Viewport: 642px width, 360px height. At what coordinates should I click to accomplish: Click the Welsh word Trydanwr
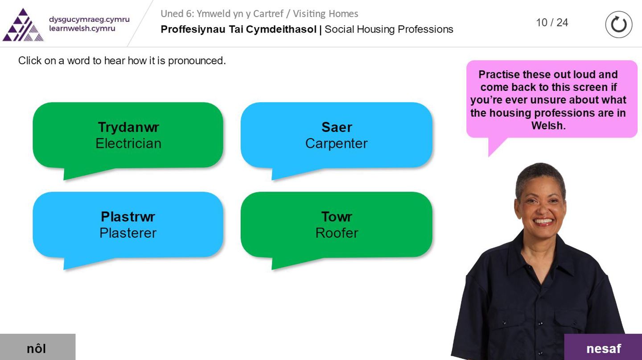coord(128,127)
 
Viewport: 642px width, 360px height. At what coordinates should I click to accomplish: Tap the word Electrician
coord(128,143)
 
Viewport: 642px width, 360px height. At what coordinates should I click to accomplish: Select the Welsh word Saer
coord(337,127)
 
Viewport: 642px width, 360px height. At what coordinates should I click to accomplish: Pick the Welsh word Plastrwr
coord(128,217)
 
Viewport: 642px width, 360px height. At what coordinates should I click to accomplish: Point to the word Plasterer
coord(128,233)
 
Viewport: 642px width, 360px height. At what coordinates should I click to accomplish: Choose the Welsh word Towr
coord(337,217)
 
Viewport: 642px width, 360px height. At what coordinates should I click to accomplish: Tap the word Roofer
coord(337,233)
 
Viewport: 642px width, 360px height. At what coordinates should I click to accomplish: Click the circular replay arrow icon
coord(618,25)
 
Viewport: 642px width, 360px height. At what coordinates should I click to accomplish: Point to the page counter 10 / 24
coord(552,23)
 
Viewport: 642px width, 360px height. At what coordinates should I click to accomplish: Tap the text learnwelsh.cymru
coord(82,29)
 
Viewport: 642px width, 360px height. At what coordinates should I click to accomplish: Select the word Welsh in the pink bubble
coord(548,126)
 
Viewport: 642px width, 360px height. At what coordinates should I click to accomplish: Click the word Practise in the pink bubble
coord(499,74)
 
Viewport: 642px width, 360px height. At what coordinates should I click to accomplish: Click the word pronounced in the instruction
coord(197,61)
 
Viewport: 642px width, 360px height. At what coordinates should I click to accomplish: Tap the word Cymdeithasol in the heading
coord(281,29)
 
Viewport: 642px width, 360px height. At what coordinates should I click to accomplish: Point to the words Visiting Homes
coord(325,14)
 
